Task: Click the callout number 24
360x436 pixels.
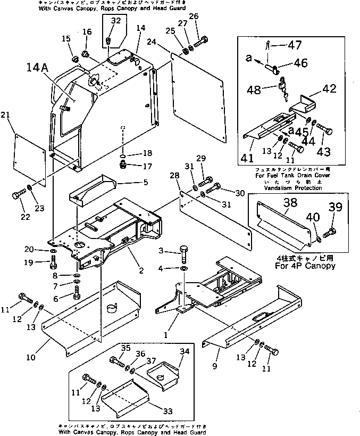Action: tap(152, 42)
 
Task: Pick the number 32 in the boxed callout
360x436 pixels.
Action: tap(116, 21)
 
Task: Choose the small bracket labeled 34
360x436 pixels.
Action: tap(164, 372)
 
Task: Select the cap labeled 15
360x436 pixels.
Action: tap(75, 56)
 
